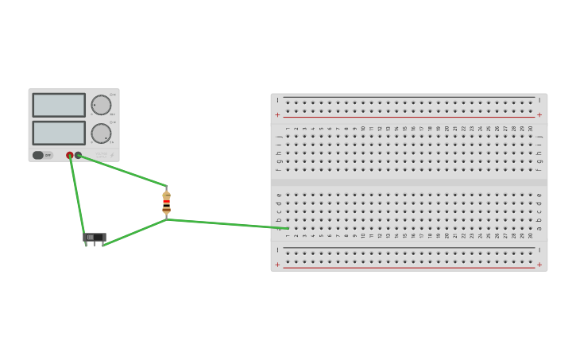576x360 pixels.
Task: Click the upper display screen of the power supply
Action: [x=59, y=105]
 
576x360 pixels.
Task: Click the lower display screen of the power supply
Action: [x=59, y=133]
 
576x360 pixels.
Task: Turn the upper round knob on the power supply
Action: [x=101, y=105]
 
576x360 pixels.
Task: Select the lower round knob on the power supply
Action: [x=101, y=134]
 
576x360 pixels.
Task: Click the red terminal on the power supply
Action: [x=70, y=155]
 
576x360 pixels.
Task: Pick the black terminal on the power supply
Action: [x=78, y=155]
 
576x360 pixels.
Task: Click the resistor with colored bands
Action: [x=166, y=203]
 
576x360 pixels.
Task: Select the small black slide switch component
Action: [x=95, y=237]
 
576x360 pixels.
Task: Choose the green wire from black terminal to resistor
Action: [x=123, y=171]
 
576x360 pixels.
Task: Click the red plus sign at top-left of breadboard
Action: [x=277, y=115]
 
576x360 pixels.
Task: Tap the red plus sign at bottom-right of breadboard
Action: [x=539, y=265]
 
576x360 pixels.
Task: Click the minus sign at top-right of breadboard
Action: [x=539, y=100]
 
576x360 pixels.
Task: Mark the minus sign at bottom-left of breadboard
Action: [x=277, y=250]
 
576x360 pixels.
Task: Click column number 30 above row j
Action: [x=531, y=129]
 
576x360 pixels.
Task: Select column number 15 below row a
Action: [x=404, y=235]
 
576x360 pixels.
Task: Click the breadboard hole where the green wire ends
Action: [x=287, y=228]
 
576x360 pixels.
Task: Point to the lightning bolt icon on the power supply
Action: [x=111, y=155]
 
